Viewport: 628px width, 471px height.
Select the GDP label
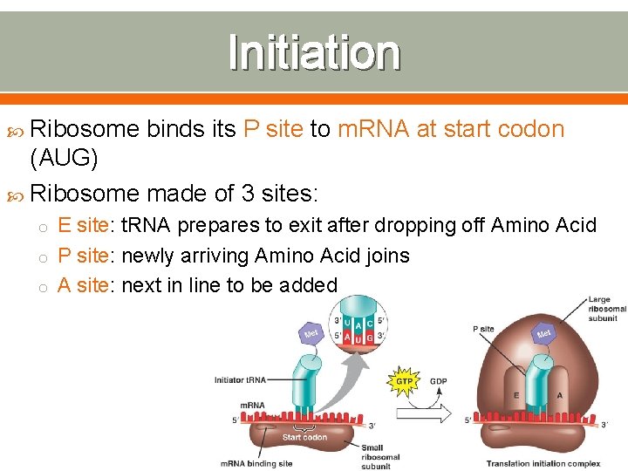(440, 381)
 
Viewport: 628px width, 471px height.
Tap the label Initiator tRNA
(240, 379)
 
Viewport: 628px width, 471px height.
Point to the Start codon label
(304, 437)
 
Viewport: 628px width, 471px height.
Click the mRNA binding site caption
(256, 463)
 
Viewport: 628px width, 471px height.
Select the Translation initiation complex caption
(543, 463)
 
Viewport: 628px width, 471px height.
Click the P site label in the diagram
(483, 329)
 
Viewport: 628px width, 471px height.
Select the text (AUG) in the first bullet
(64, 159)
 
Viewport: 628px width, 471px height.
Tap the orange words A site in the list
(84, 285)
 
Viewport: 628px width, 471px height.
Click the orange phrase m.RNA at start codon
(450, 129)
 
